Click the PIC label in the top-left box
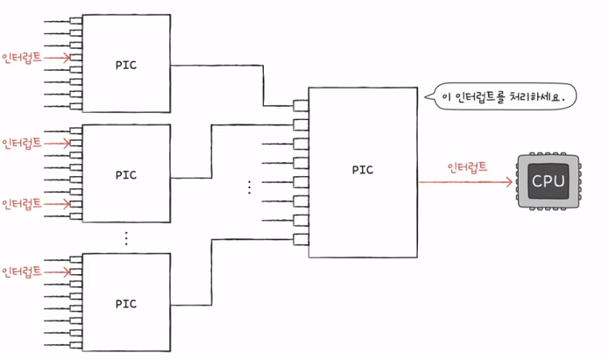[x=126, y=64]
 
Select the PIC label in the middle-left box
[x=126, y=173]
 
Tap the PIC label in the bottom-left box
[x=126, y=303]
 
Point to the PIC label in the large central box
[x=362, y=169]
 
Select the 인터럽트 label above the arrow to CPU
[x=467, y=167]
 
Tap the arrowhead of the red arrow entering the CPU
[x=509, y=183]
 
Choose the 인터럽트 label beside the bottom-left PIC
[x=22, y=270]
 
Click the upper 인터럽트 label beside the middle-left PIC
[x=22, y=143]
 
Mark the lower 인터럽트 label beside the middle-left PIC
[x=22, y=203]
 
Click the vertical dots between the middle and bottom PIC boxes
[x=125, y=237]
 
